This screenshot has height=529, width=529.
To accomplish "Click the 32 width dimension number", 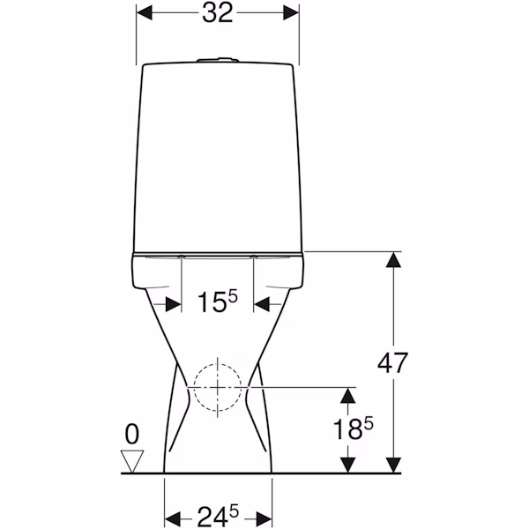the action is [x=218, y=13].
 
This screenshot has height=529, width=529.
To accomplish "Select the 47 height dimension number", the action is [x=392, y=363].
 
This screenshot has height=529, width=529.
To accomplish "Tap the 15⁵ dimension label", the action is [x=218, y=302].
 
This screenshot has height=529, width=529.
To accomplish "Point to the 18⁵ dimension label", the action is [x=354, y=428].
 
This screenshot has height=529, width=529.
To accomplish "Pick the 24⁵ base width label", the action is [x=218, y=516].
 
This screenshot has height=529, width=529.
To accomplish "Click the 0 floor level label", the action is [x=132, y=434].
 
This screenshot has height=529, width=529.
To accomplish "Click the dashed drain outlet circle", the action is [x=218, y=387].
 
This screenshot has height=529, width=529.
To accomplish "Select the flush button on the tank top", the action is [x=218, y=60].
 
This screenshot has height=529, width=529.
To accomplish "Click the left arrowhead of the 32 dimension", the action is [x=144, y=13].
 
